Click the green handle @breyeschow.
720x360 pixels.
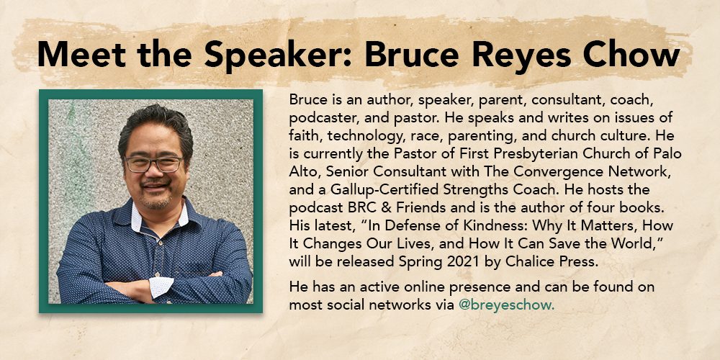506,305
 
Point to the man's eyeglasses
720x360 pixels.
154,164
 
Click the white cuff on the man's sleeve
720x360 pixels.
161,287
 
